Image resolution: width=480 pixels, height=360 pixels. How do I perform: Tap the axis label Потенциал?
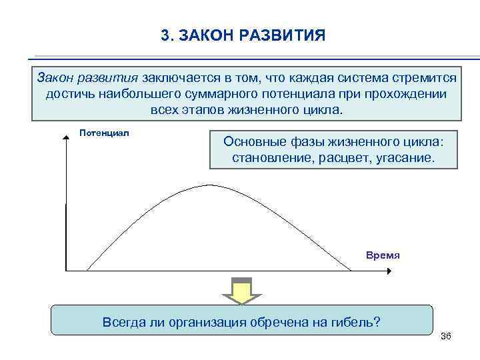104,133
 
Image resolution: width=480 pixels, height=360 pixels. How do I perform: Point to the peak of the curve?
210,185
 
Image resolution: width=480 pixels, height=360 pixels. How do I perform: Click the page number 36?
446,335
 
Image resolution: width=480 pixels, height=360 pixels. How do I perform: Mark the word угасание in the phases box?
403,159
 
